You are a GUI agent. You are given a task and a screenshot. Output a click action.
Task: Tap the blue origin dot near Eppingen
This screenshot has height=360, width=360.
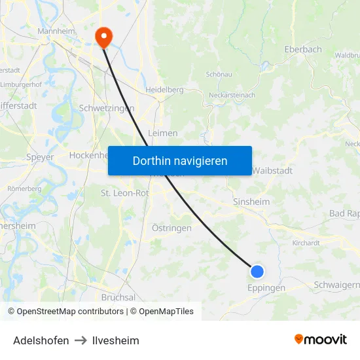tap(257, 272)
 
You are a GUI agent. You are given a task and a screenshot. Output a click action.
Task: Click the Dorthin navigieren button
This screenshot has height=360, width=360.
tap(180, 160)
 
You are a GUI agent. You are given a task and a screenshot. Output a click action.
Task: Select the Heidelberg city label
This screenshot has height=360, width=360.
tap(164, 89)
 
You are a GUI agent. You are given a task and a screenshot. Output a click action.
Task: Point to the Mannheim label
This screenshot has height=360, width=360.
tap(57, 31)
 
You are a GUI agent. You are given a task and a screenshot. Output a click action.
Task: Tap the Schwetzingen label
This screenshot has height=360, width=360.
tap(106, 108)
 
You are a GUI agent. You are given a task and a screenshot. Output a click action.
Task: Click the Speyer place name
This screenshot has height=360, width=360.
tap(40, 157)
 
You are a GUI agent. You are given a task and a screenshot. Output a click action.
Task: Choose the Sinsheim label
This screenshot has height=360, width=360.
tap(251, 202)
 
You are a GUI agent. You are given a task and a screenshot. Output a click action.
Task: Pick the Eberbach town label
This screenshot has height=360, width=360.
tap(303, 49)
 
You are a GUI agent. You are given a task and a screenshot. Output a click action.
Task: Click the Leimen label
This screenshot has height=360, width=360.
tap(163, 133)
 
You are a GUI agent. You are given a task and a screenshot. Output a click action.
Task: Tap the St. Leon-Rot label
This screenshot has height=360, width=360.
tap(124, 193)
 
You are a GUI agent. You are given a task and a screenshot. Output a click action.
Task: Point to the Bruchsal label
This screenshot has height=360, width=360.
tap(118, 297)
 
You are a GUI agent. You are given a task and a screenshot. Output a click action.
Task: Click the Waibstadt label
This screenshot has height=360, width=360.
tap(272, 170)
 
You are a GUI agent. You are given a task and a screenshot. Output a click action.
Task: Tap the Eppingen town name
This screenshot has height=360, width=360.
tap(266, 287)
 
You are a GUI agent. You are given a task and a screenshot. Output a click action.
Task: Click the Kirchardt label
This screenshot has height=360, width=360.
tap(306, 242)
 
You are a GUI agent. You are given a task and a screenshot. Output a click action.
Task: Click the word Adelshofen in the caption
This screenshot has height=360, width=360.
tap(41, 340)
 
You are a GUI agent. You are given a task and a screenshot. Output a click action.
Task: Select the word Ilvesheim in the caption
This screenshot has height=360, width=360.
tap(116, 340)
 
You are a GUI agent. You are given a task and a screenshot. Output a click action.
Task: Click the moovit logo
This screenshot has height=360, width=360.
tap(320, 339)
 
